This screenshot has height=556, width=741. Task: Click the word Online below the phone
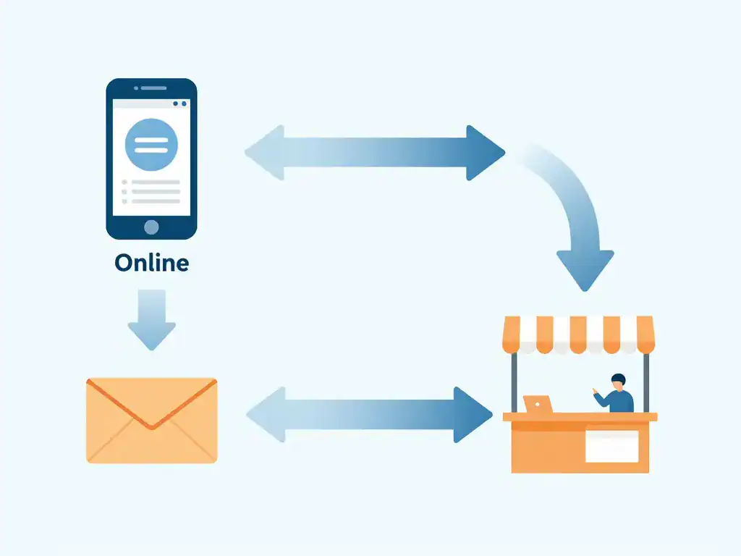tap(152, 263)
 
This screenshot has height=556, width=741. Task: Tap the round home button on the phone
tap(151, 227)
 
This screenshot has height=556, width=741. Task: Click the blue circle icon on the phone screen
tap(151, 145)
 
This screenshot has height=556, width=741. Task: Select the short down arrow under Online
tap(152, 319)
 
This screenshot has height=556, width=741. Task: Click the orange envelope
tap(152, 421)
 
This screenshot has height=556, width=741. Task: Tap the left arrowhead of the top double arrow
tap(265, 153)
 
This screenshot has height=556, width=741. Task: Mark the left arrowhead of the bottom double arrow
tap(266, 415)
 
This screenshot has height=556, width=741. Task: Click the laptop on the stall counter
tap(538, 404)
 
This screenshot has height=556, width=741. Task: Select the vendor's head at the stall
tap(618, 382)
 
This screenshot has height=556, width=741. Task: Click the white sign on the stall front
tap(612, 446)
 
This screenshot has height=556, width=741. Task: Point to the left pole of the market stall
tap(515, 382)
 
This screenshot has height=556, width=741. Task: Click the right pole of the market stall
tap(646, 382)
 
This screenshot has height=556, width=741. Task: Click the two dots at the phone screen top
tap(179, 104)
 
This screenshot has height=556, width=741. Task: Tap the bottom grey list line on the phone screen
tap(151, 201)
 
